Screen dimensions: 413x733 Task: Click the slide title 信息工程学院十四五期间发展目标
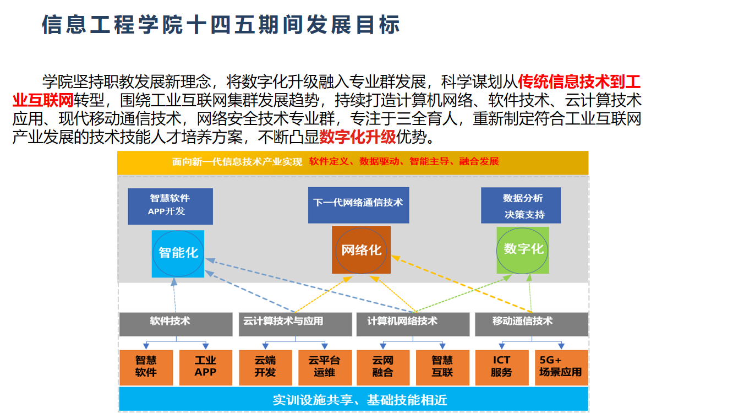221,25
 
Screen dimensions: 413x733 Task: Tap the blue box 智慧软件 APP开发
170,206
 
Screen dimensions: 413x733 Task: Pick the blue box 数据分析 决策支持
521,205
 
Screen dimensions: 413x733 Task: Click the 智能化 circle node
178,253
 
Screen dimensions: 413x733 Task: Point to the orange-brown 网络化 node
361,250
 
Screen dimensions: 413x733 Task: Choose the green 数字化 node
523,249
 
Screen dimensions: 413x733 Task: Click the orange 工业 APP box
205,367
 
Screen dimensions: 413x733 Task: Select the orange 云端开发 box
265,367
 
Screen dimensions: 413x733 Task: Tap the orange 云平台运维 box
324,367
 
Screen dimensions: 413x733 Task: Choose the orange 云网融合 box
383,367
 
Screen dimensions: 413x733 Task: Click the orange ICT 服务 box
501,367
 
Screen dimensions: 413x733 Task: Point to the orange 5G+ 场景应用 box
560,367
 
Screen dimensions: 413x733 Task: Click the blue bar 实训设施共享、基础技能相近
353,399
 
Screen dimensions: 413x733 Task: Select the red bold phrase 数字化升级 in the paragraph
358,137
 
